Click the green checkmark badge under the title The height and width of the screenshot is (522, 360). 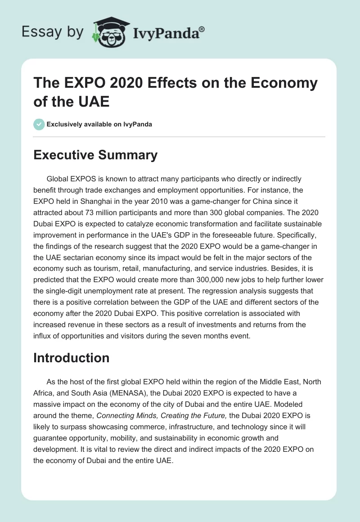coord(39,124)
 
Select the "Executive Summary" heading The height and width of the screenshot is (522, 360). coord(95,155)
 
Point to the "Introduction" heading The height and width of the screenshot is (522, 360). coord(72,358)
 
